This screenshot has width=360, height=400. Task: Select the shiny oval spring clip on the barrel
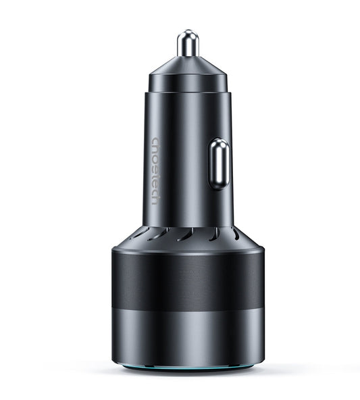[218, 164]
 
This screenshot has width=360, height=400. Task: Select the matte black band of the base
[187, 280]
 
